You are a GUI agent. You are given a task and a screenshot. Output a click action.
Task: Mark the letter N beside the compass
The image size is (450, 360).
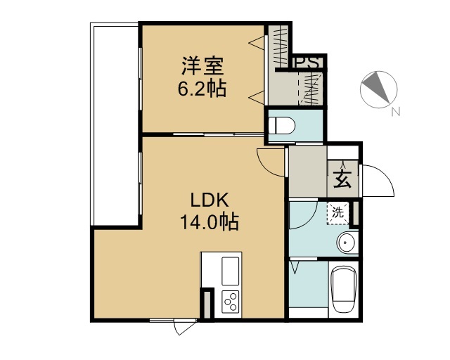(395, 110)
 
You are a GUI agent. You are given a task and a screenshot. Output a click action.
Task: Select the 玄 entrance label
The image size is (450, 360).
(342, 180)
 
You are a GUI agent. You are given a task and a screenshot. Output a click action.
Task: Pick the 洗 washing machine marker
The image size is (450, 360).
(338, 212)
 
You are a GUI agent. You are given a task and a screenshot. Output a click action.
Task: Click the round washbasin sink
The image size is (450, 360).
(347, 243)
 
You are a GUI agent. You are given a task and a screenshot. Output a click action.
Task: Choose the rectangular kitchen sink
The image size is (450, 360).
(231, 270)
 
